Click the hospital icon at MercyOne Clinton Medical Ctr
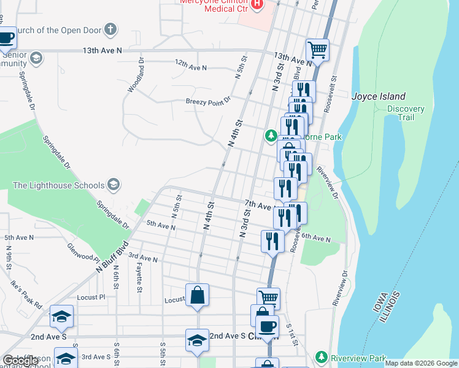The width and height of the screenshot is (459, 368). point(258,6)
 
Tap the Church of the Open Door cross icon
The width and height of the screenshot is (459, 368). point(110,29)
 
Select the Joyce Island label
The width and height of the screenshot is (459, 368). point(378,96)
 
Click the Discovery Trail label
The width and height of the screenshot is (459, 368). point(406,113)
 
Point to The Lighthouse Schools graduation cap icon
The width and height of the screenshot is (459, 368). point(113,185)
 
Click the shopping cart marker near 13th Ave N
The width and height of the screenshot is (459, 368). point(317,50)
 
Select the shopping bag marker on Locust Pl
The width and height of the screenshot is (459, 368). point(198,296)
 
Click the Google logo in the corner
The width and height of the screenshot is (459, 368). point(21,361)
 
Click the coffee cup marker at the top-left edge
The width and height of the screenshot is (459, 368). point(6,38)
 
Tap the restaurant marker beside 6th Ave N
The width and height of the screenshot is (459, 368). point(272,241)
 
